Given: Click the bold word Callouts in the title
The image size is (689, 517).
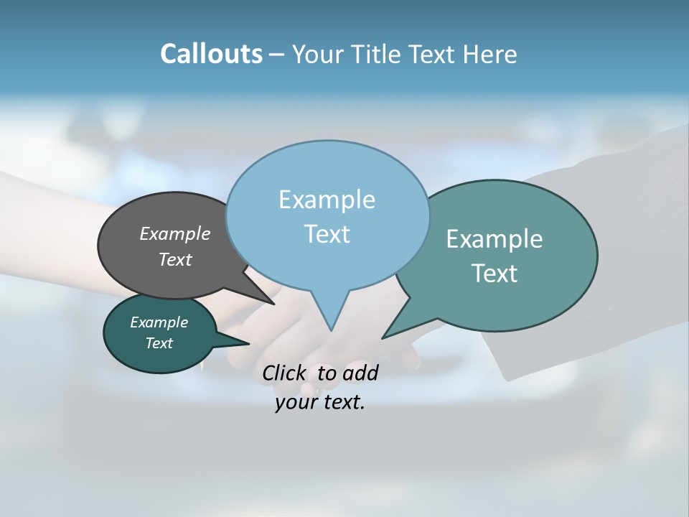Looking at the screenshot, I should tap(211, 54).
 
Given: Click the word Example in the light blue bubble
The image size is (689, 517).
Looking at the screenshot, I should tap(327, 200).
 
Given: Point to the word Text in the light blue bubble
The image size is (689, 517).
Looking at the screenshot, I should tap(327, 234).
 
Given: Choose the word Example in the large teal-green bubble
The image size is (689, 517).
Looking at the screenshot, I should tap(495, 239).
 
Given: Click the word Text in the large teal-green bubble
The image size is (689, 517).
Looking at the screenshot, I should tap(495, 274).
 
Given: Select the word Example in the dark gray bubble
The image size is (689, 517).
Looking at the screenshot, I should tap(175, 233).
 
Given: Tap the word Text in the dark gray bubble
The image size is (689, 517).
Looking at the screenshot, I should tap(175, 259).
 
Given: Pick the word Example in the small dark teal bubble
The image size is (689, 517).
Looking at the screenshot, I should tap(159, 322).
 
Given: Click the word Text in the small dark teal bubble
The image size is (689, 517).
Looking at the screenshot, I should tap(159, 343).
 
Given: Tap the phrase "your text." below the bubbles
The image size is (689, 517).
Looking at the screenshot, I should tap(320, 403).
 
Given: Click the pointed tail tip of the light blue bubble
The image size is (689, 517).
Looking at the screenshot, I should tap(331, 330).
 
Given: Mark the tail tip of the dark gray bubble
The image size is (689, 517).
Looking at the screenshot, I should tap(274, 304).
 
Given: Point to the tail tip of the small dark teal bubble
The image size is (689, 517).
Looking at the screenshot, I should tap(248, 344).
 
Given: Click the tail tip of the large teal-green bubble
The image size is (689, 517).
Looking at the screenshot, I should tap(383, 337).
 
